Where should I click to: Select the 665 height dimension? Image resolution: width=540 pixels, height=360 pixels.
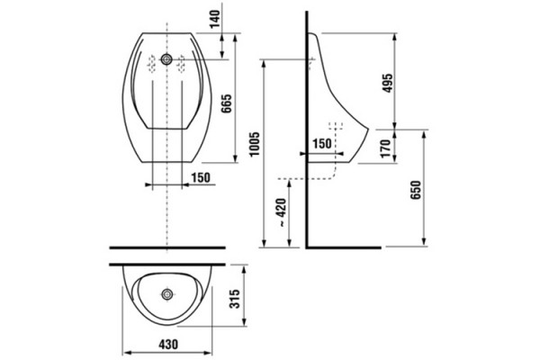[x=227, y=103]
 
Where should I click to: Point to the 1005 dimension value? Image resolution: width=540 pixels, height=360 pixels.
[x=255, y=144]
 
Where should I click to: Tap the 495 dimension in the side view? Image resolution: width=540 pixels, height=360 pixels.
[x=387, y=83]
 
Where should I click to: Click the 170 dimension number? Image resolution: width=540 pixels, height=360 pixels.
[x=386, y=148]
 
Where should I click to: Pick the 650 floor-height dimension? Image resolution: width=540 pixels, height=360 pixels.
[x=416, y=190]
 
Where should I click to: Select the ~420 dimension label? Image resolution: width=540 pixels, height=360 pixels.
[x=282, y=212]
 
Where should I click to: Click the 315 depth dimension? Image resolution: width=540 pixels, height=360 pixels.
[x=235, y=299]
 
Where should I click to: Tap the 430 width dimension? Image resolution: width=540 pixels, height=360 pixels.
[x=168, y=344]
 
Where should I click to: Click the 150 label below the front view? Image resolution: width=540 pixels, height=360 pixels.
[x=201, y=178]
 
